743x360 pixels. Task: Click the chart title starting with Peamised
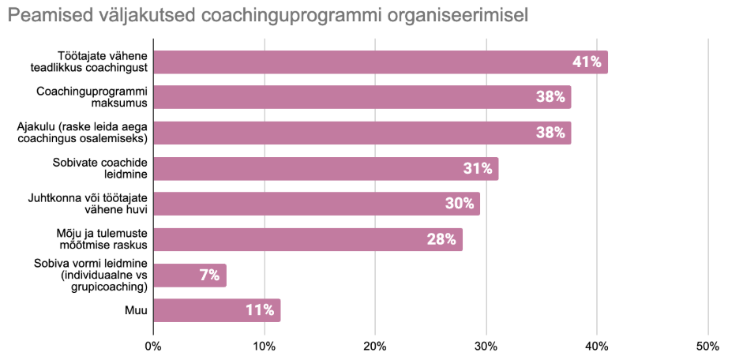268,15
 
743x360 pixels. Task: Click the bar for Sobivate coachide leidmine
325,168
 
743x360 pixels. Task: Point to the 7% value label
209,276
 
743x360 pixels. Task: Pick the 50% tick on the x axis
707,346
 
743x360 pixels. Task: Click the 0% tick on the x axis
153,346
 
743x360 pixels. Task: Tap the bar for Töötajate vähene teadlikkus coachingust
379,62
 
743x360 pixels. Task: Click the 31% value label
478,168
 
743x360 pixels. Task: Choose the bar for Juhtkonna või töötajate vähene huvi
316,204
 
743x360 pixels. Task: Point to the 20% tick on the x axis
375,346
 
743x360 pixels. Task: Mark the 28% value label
441,240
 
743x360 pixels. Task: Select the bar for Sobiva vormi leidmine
190,276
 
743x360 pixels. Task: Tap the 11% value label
260,310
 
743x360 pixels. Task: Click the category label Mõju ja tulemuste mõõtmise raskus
103,239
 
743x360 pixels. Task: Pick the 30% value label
460,204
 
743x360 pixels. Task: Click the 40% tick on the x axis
597,346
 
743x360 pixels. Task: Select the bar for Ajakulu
362,133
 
